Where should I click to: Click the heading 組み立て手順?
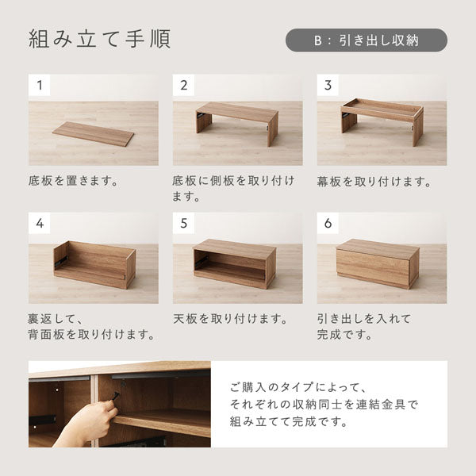click(99, 39)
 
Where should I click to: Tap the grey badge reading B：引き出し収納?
click(366, 40)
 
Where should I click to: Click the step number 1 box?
click(39, 85)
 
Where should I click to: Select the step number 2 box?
click(183, 85)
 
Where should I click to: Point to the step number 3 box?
click(328, 85)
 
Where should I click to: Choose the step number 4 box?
click(39, 222)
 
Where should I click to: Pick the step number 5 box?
click(183, 222)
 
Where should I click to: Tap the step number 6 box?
click(328, 222)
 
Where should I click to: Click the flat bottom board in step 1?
click(94, 132)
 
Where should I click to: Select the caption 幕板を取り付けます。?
click(374, 181)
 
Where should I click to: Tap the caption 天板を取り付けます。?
click(229, 318)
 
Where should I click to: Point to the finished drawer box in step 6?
click(377, 263)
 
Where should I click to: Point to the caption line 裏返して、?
click(56, 318)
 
